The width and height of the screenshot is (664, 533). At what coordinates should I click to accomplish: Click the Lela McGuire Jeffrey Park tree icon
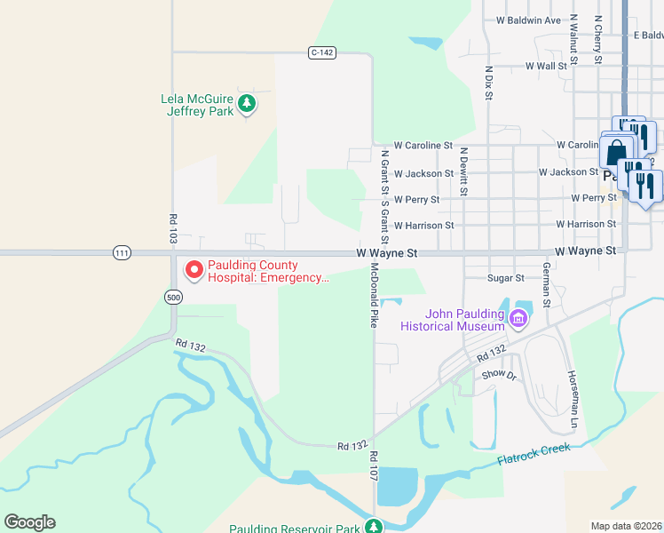coord(248,105)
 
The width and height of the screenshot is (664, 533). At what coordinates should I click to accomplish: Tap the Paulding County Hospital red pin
coord(192,268)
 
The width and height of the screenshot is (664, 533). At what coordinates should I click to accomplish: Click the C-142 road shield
coord(322,52)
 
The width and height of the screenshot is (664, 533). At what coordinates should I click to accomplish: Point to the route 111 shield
coord(122,253)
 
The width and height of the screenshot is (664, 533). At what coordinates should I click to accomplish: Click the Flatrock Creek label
coord(533,453)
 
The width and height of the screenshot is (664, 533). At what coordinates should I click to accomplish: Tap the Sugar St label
coord(506,278)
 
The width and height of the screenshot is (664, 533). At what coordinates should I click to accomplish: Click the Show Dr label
coord(499,375)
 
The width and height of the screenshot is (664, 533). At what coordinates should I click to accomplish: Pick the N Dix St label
coord(488,81)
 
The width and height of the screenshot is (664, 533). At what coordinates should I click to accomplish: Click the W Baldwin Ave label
coord(528,20)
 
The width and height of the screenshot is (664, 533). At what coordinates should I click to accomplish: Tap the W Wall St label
coord(546,66)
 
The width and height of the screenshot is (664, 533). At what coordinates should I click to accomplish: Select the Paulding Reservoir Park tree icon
coord(375,527)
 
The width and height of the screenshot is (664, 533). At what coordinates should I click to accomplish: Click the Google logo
coord(29,522)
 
